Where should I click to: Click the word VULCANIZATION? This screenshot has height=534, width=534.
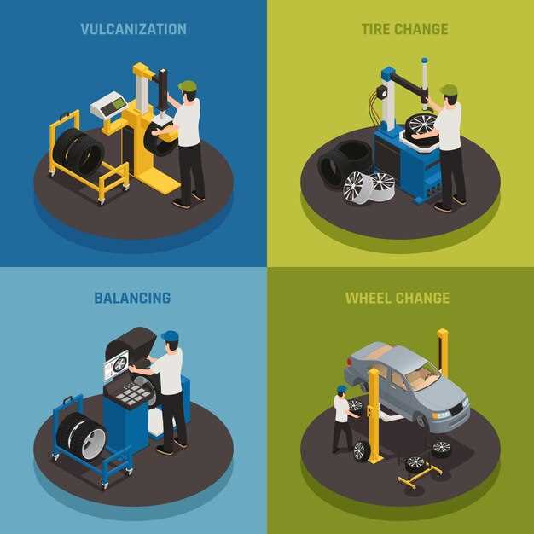click(x=133, y=29)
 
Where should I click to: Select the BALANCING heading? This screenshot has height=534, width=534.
click(x=132, y=298)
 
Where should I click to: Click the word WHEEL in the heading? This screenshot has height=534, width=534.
click(x=368, y=298)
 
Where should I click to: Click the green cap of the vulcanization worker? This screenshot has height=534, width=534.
click(x=188, y=85)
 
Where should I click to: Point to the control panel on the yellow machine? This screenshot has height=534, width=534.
click(x=110, y=105)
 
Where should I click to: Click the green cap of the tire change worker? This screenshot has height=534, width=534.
click(x=449, y=90)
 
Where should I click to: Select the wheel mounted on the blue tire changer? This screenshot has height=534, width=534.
click(x=422, y=125)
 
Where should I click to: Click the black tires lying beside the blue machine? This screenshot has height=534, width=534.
click(x=344, y=162)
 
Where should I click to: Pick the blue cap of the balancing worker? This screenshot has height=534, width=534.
click(x=171, y=336)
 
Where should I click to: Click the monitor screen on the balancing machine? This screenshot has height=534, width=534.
click(x=116, y=365)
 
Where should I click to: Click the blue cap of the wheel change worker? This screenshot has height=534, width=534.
click(x=342, y=389)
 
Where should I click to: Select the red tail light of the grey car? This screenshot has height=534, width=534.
click(x=349, y=362)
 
